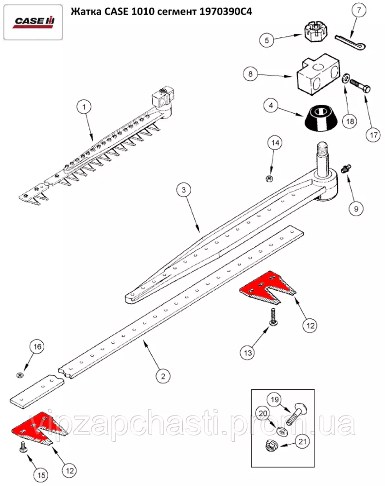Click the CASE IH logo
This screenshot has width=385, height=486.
point(34,22)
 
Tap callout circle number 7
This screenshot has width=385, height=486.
point(359,10)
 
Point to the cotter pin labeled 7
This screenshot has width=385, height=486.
point(351,41)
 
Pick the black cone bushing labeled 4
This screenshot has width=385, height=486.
point(318,119)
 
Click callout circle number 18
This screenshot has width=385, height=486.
point(350,121)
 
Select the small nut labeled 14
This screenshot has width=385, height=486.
point(268,178)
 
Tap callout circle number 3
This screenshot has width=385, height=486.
point(184,190)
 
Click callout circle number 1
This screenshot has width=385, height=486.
point(84,107)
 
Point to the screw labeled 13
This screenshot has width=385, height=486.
point(273,317)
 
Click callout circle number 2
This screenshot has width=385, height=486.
point(163,376)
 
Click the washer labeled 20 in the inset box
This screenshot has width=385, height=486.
point(281,431)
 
